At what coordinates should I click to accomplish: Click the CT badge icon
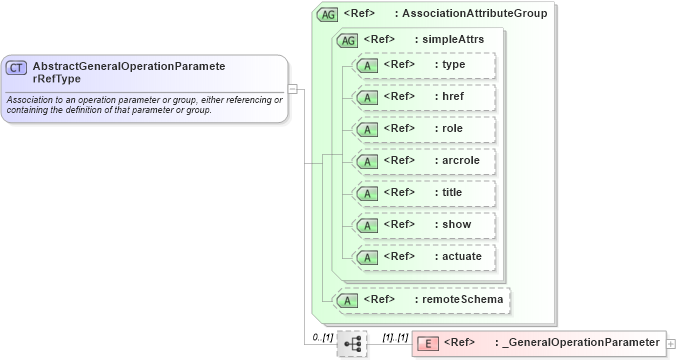[16, 67]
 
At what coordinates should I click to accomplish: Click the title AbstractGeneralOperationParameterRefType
[128, 72]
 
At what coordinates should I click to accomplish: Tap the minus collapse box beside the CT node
[292, 87]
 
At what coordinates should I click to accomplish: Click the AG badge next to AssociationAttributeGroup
[327, 14]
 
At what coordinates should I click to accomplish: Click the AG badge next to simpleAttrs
[348, 40]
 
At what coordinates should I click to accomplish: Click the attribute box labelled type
[424, 65]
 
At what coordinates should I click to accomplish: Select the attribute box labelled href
[424, 97]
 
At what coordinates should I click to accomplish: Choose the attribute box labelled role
[424, 129]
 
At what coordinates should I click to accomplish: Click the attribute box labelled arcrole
[424, 161]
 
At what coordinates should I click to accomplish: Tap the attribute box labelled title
[424, 193]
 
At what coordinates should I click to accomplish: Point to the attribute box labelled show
[424, 225]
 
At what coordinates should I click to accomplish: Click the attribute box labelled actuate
[424, 257]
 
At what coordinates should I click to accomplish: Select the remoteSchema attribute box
[423, 299]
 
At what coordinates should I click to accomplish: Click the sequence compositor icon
[352, 343]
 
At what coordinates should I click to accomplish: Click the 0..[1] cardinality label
[322, 337]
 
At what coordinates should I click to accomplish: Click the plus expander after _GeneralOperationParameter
[670, 343]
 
